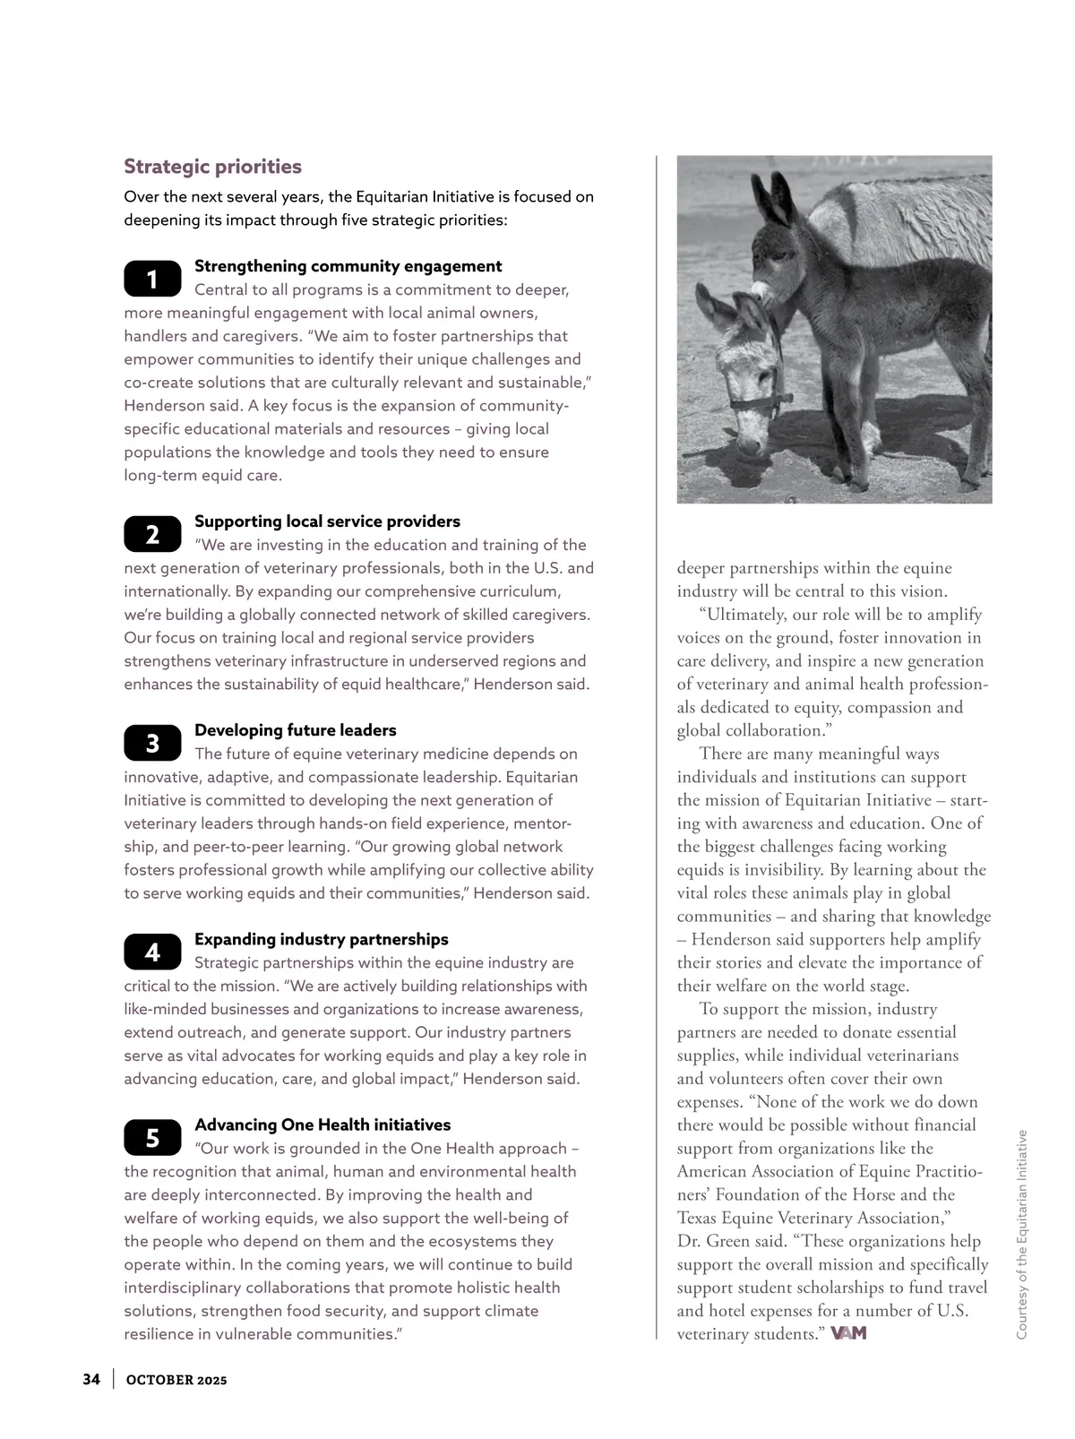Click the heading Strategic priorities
(x=212, y=167)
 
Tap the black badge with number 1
(x=152, y=280)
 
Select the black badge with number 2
(x=152, y=535)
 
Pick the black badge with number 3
(x=152, y=743)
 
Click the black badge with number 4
(x=152, y=952)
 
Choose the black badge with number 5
(x=152, y=1137)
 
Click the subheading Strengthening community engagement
(x=348, y=266)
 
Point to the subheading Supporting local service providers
(x=327, y=521)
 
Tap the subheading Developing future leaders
(x=295, y=730)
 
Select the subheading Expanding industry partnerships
(x=321, y=939)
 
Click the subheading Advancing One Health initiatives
(x=322, y=1124)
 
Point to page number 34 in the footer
(x=91, y=1379)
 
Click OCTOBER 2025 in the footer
(x=176, y=1380)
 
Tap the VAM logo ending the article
(x=848, y=1333)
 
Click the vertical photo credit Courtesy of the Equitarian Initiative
(x=1021, y=1235)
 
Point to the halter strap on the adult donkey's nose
(x=761, y=402)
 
